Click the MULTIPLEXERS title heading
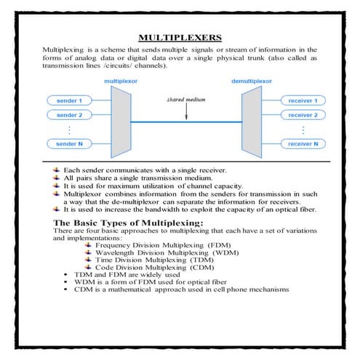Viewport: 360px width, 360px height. click(180, 38)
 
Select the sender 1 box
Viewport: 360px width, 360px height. click(71, 100)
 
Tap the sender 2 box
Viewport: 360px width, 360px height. click(71, 116)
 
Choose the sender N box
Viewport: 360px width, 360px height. click(71, 145)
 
